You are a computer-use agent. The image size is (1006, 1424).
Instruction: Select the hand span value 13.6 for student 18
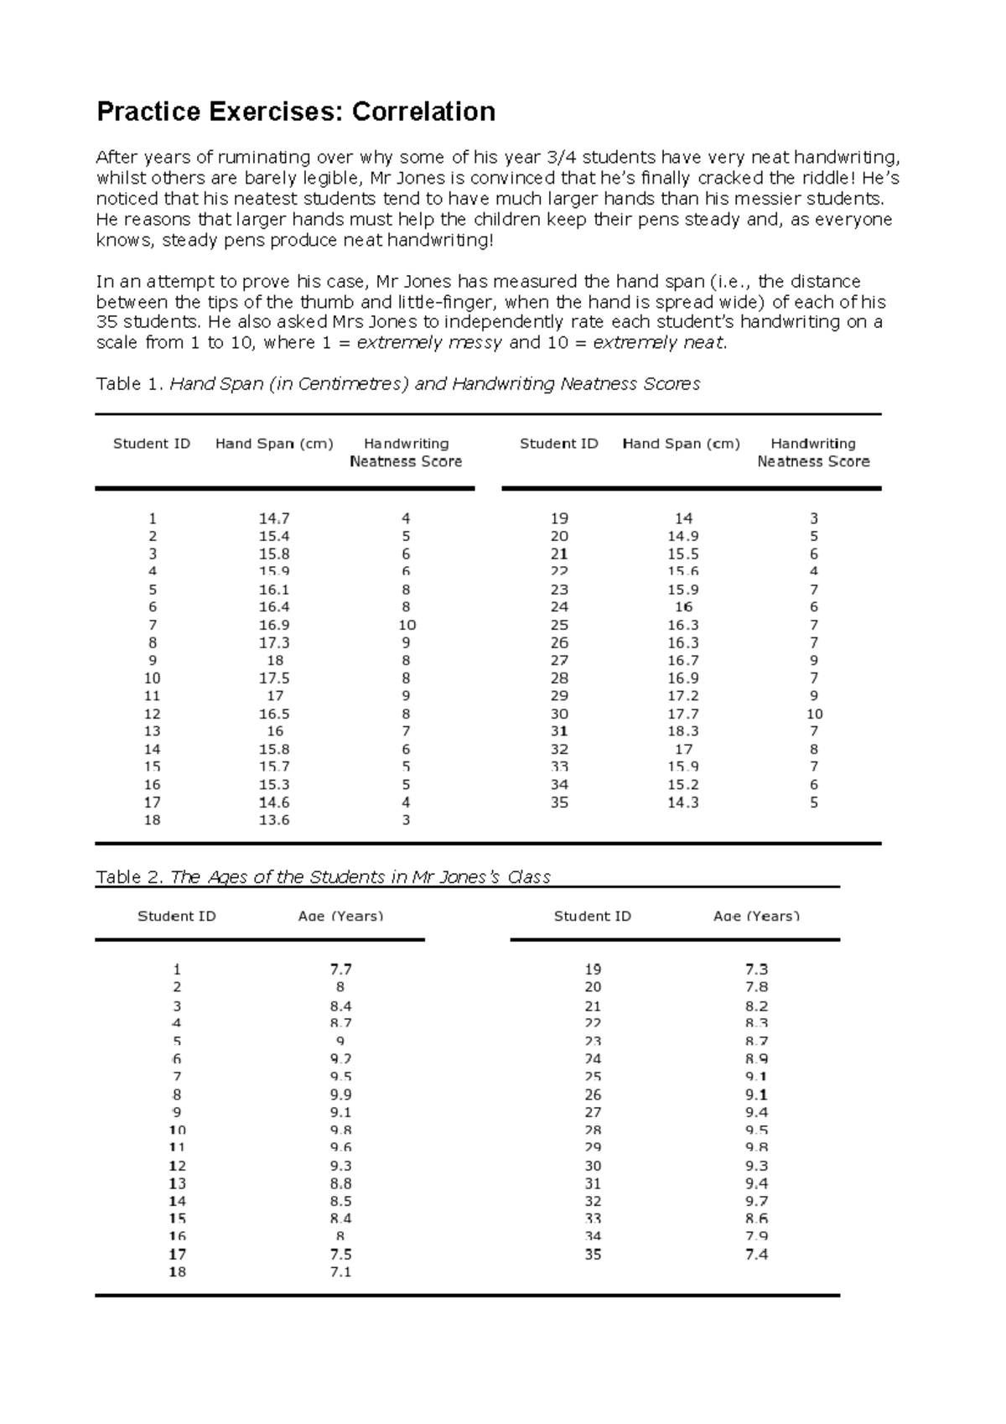tap(274, 820)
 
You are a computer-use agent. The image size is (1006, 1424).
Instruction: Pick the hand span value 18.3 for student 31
tap(683, 731)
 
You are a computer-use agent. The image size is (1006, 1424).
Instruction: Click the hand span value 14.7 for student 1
tap(274, 518)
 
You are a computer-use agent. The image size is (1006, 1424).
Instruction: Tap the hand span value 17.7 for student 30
tap(683, 714)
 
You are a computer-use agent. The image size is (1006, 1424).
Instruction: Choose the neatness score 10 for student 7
tap(407, 625)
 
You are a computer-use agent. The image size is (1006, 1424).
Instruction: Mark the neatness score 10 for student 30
tap(814, 714)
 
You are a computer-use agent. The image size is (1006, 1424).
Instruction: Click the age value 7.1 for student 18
tap(340, 1272)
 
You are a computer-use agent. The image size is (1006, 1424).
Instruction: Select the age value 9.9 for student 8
tap(340, 1094)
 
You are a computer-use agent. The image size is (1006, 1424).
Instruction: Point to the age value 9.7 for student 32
tap(756, 1201)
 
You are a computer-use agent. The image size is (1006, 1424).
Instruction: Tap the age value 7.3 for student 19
tap(756, 969)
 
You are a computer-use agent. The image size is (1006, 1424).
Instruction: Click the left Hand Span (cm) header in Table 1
tap(274, 444)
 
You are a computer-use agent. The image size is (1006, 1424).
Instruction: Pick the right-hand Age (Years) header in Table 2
tap(756, 916)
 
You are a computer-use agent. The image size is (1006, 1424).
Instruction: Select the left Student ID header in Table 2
tap(177, 916)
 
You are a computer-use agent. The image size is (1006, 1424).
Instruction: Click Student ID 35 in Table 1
tap(559, 803)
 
